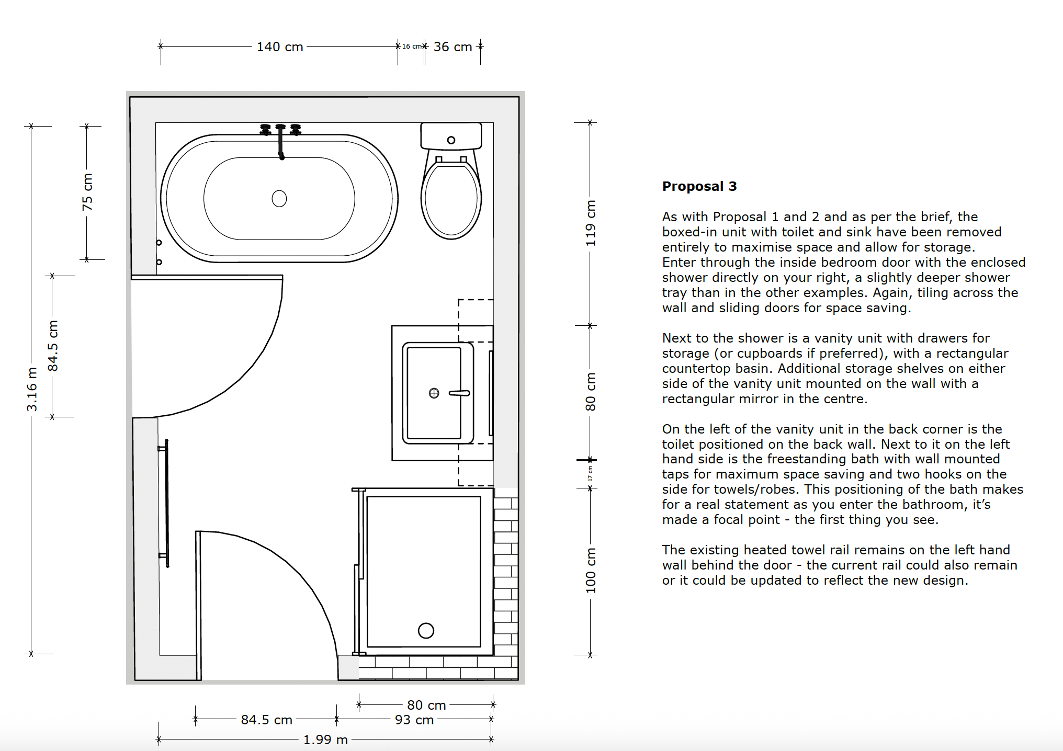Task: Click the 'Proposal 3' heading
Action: (699, 186)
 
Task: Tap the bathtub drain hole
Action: (279, 199)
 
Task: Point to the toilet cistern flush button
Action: (451, 140)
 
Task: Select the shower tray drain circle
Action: (426, 631)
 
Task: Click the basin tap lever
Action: (459, 393)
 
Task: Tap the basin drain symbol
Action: (434, 393)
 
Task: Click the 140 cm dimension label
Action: (280, 47)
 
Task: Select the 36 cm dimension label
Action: (453, 47)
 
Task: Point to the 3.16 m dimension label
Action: (32, 390)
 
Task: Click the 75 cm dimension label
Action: (87, 192)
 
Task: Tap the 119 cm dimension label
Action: (591, 223)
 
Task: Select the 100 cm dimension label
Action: (591, 571)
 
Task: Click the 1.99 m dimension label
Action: (325, 740)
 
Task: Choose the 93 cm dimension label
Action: (414, 720)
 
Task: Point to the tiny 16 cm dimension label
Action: (412, 47)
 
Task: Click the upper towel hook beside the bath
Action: (159, 243)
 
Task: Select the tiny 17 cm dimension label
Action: (590, 474)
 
